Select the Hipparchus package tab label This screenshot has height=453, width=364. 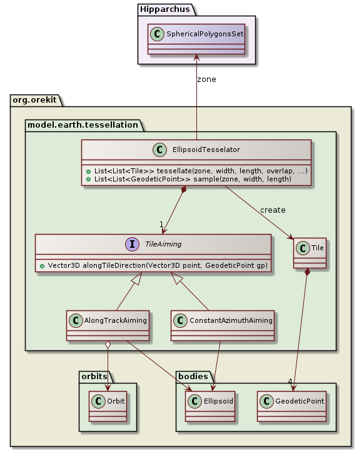coord(162,9)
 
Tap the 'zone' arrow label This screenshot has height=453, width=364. coord(207,79)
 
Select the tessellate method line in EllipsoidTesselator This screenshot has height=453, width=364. coord(200,171)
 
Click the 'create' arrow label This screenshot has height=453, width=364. coord(273,209)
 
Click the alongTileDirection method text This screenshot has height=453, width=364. coord(153,266)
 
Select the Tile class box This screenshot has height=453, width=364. coord(310,254)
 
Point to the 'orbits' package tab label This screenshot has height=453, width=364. coord(94,375)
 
